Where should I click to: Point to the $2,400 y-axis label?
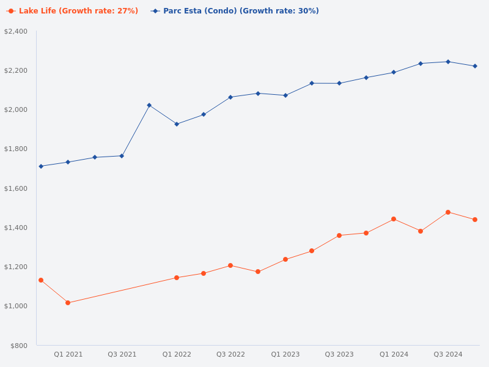click(x=16, y=31)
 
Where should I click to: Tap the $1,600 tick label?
click(x=16, y=188)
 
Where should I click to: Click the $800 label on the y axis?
click(x=18, y=346)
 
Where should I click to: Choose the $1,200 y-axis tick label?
click(x=16, y=267)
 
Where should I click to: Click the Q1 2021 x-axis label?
click(x=68, y=354)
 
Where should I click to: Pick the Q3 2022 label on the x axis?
click(x=230, y=354)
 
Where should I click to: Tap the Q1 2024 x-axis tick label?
click(x=394, y=354)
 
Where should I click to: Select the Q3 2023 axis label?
click(x=339, y=354)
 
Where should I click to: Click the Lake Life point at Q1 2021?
click(x=68, y=303)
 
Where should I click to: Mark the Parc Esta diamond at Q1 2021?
click(x=68, y=162)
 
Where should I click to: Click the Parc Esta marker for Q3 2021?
click(x=122, y=156)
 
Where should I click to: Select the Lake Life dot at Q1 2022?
click(x=177, y=278)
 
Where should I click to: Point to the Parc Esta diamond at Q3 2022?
click(x=230, y=97)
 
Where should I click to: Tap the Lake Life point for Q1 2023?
click(x=285, y=259)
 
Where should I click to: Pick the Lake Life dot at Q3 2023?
click(x=339, y=235)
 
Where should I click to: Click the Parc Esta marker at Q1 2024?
click(x=394, y=72)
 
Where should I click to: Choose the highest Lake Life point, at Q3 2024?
click(x=448, y=212)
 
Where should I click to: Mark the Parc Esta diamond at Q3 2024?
click(x=448, y=62)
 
